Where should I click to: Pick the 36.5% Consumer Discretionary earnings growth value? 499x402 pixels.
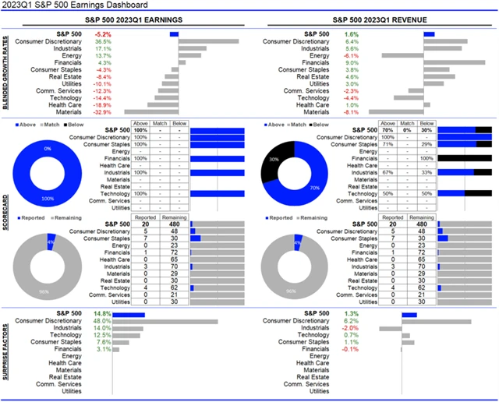click(103, 41)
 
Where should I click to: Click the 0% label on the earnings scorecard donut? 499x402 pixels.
click(47, 148)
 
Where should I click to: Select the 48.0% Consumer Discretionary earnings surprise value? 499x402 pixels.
click(102, 321)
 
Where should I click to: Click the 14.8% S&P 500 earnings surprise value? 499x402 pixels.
click(102, 314)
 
